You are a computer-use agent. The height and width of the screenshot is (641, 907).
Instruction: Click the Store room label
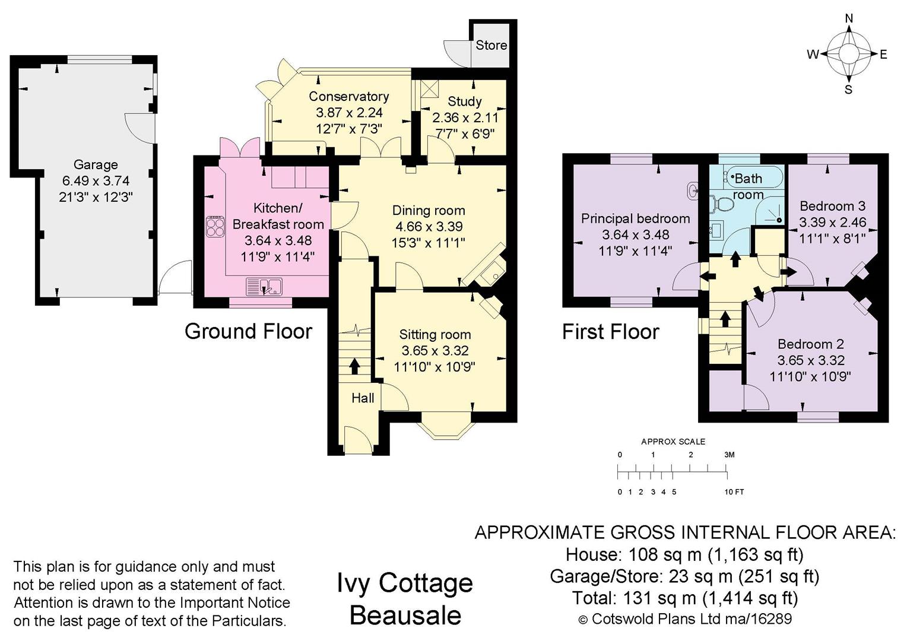point(491,45)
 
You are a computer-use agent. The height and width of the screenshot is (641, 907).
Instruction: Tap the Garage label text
point(96,164)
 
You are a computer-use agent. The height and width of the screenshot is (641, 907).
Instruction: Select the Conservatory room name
point(348,96)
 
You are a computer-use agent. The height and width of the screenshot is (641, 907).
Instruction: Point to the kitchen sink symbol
point(264,287)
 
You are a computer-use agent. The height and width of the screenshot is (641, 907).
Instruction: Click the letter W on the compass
point(812,55)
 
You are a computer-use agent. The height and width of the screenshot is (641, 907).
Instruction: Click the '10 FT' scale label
point(734,492)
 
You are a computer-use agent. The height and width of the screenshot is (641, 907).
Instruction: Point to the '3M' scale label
point(729,455)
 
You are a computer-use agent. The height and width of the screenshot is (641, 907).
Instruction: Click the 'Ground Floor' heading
point(248,331)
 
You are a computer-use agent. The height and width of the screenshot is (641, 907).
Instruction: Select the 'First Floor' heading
point(610,332)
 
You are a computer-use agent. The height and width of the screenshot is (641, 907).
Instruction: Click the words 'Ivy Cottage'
point(405,583)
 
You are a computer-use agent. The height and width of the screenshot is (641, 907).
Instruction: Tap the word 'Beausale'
point(405,615)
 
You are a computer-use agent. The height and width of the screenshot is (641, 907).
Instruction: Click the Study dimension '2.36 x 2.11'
point(465,118)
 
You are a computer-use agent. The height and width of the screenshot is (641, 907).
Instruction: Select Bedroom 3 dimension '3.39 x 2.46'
point(832,223)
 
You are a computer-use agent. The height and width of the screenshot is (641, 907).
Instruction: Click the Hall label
point(363,398)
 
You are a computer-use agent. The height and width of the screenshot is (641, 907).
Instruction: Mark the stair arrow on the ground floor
point(354,366)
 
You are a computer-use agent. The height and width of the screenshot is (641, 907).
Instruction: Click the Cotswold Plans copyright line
point(685,619)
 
